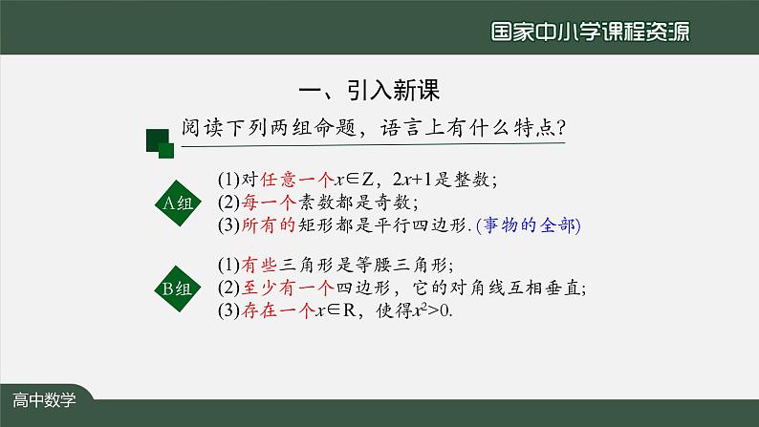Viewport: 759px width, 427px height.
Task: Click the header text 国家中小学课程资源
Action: tap(589, 31)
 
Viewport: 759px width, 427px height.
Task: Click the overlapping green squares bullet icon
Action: tap(159, 143)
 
